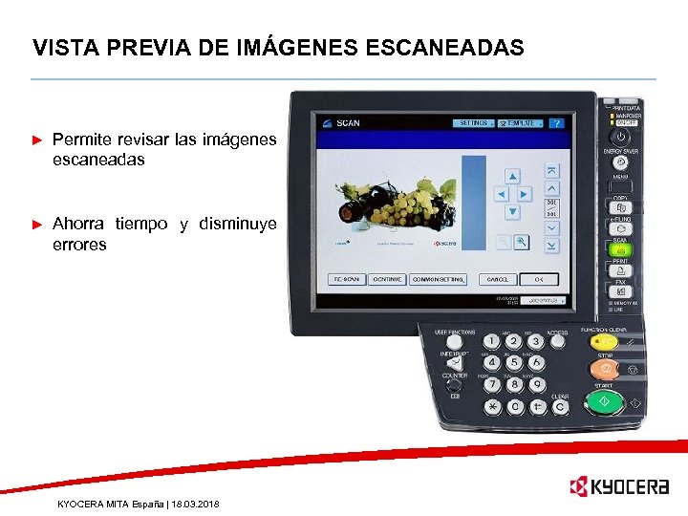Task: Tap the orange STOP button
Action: click(x=606, y=370)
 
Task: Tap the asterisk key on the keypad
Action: click(x=492, y=406)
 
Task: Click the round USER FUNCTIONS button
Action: click(x=455, y=342)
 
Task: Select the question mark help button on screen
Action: click(x=556, y=123)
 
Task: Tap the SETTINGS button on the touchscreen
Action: click(x=475, y=123)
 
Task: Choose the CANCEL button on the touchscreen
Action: click(x=498, y=279)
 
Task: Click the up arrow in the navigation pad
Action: click(x=512, y=177)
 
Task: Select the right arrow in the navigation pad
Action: click(x=527, y=194)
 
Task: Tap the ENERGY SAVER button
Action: click(x=620, y=161)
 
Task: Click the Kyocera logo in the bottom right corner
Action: click(x=618, y=487)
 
